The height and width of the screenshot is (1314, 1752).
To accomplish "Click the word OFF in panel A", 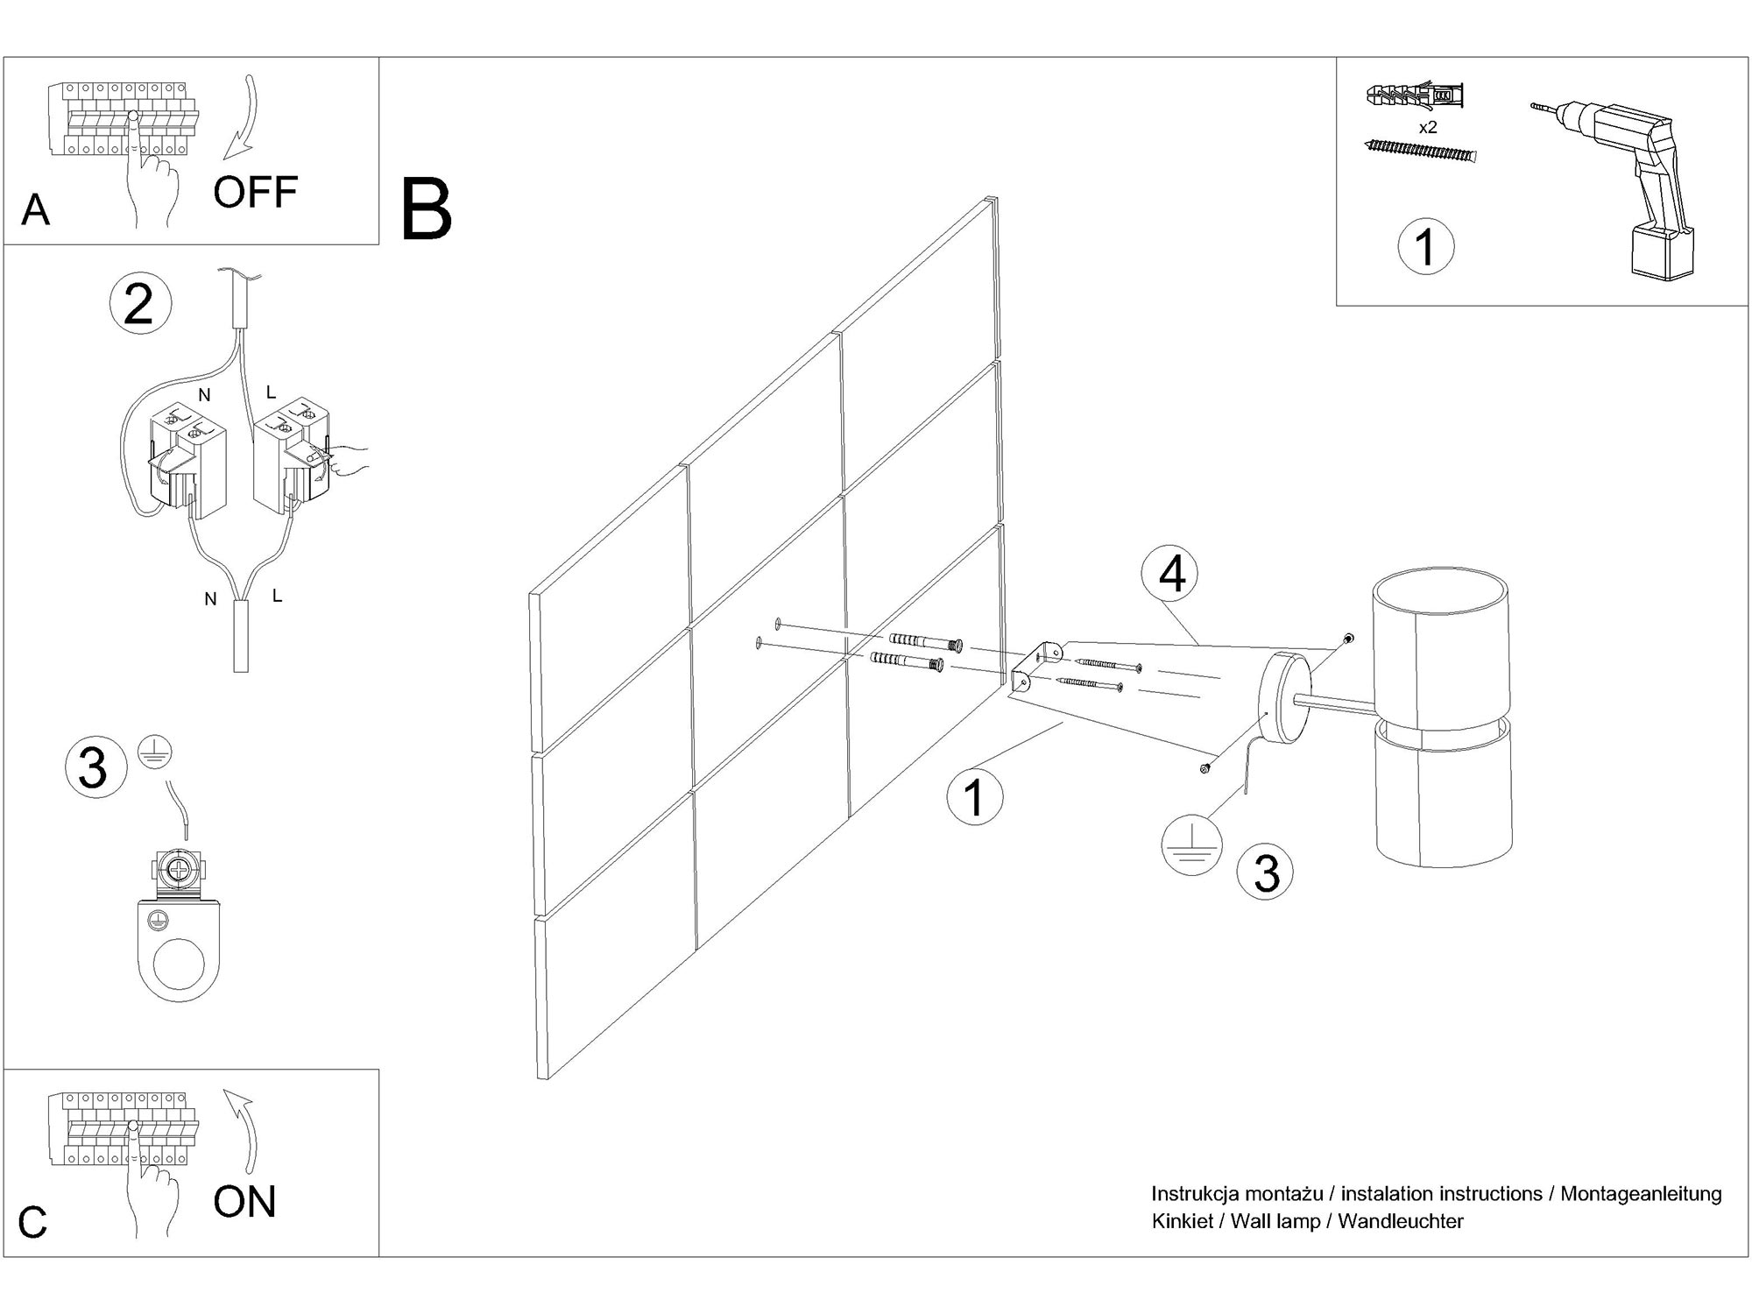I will [x=255, y=192].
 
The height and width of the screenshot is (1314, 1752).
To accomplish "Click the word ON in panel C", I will [x=244, y=1201].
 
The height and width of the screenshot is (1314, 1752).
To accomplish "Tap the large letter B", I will [x=426, y=210].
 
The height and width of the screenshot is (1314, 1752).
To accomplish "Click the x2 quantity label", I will [x=1428, y=127].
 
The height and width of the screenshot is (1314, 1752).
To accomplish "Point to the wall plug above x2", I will [x=1415, y=95].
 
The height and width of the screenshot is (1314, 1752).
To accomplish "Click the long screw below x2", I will [x=1420, y=152].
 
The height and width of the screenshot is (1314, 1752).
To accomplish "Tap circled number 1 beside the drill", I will [x=1425, y=246].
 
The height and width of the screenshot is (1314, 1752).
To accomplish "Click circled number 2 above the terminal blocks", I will [x=140, y=304].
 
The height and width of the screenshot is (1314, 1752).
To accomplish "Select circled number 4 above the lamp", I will [x=1172, y=576].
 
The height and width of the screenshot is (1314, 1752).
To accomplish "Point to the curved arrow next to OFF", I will [x=243, y=118].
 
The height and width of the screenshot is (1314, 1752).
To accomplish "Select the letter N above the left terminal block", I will [x=204, y=395].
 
